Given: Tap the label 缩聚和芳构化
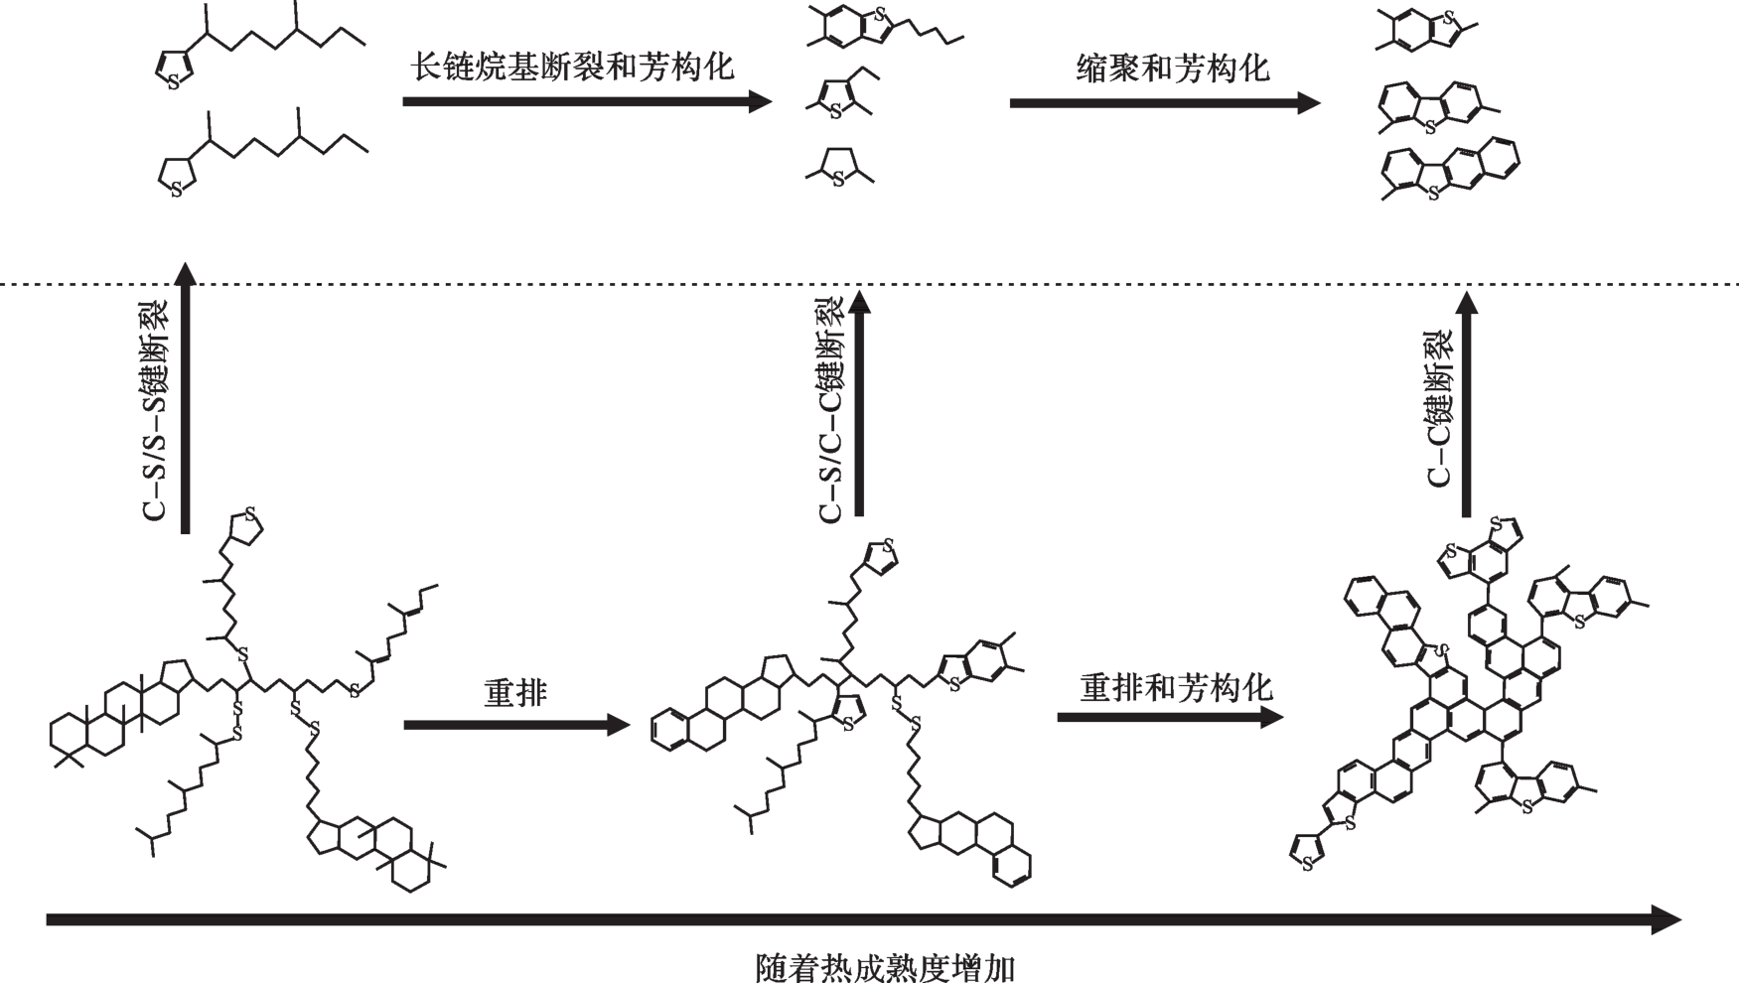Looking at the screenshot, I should [x=1173, y=68].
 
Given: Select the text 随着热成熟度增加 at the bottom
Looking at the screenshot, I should [x=885, y=966].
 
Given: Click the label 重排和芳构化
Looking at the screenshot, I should [x=1176, y=687].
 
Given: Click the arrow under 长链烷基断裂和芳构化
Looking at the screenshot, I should [x=586, y=101].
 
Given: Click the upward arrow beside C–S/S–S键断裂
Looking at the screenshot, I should [x=185, y=397].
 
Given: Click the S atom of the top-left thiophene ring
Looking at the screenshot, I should [x=174, y=82].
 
